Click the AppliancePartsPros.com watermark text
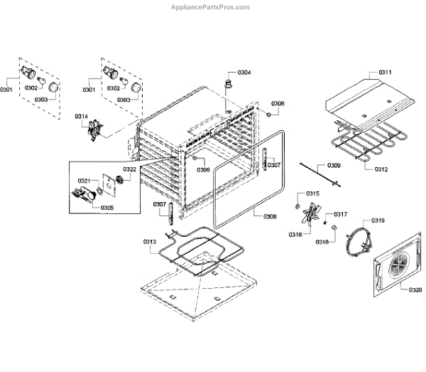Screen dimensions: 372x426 click(212, 7)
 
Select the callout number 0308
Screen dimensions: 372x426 click(270, 216)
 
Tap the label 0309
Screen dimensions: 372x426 click(333, 166)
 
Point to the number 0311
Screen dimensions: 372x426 click(385, 73)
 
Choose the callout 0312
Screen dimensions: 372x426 click(381, 169)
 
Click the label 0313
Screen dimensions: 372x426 click(149, 242)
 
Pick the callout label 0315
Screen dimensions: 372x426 click(313, 193)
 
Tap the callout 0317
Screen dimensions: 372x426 click(341, 214)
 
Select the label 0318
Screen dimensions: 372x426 click(322, 243)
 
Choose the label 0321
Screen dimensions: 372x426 click(84, 181)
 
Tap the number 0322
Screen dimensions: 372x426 click(129, 169)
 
